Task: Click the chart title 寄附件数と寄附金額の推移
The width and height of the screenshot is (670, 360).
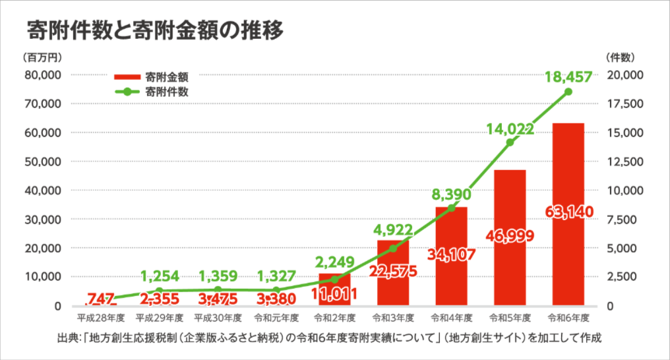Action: (155, 31)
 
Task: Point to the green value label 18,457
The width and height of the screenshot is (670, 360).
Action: (568, 76)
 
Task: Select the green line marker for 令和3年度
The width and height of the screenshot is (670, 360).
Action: (393, 249)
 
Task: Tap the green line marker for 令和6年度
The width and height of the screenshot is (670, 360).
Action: (568, 92)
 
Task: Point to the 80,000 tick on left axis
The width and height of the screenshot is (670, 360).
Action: (43, 75)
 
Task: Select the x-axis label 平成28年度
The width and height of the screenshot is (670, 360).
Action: (101, 318)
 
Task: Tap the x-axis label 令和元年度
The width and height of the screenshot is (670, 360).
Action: (276, 318)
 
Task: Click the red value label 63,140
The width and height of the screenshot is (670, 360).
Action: (568, 212)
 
